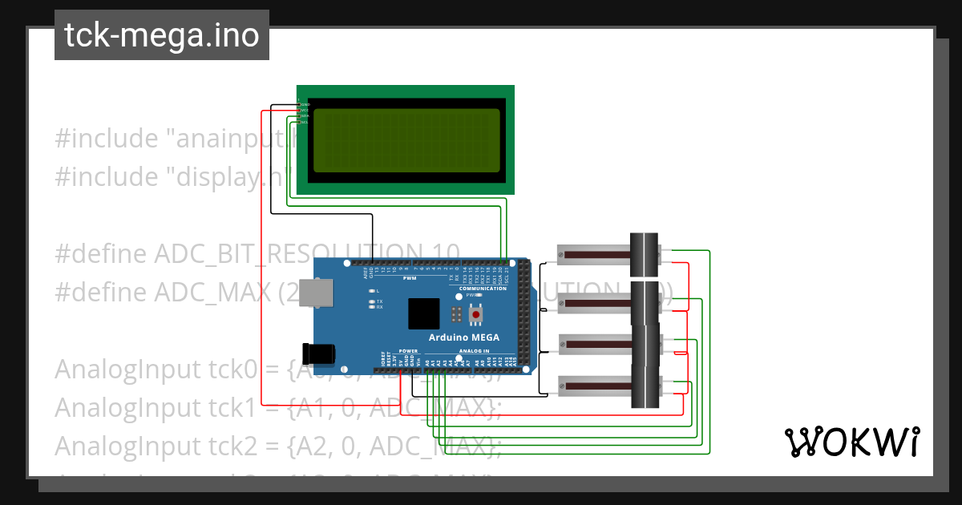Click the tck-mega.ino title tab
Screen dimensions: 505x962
click(162, 35)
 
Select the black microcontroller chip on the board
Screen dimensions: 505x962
click(423, 313)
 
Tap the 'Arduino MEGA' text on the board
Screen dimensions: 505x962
click(463, 337)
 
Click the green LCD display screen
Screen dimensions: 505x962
click(405, 140)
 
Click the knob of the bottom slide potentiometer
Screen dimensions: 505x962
click(645, 386)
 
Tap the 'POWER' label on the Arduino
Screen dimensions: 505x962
click(408, 351)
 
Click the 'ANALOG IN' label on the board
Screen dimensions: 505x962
click(474, 351)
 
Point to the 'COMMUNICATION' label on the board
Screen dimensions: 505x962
click(488, 288)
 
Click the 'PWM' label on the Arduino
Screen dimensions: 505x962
click(410, 278)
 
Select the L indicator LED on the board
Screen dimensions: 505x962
click(370, 290)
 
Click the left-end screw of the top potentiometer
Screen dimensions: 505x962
click(561, 255)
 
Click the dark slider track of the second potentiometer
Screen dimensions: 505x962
click(600, 302)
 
